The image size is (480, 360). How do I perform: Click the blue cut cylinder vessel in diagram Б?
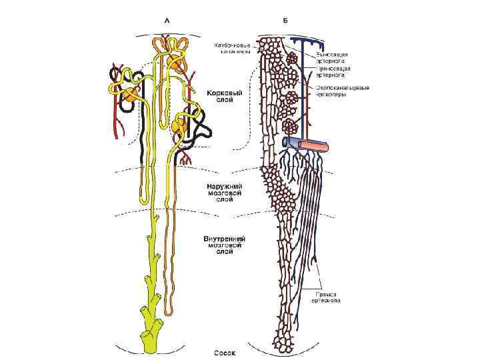pos(292,141)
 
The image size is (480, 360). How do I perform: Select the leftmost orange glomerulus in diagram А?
pos(127,95)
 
